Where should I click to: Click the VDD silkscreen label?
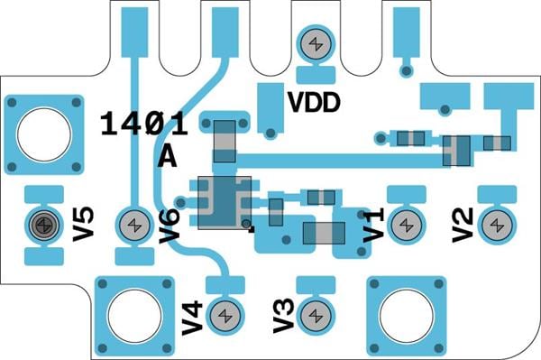(314, 103)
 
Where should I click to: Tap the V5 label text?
(83, 224)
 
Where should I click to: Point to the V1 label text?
(373, 225)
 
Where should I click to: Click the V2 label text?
(463, 225)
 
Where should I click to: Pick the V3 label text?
(284, 316)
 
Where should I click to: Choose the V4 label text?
(193, 318)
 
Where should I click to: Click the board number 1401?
(144, 124)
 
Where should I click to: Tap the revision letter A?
(168, 156)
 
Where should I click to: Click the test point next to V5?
(44, 225)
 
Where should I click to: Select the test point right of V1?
(407, 225)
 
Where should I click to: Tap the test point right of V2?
(497, 225)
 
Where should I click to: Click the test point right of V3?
(316, 316)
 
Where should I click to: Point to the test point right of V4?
(225, 316)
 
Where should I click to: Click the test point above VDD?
(316, 44)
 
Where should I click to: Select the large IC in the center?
(225, 203)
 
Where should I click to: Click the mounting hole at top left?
(44, 134)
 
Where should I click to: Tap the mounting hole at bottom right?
(407, 316)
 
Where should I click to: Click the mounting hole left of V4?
(134, 316)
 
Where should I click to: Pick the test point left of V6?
(134, 225)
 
